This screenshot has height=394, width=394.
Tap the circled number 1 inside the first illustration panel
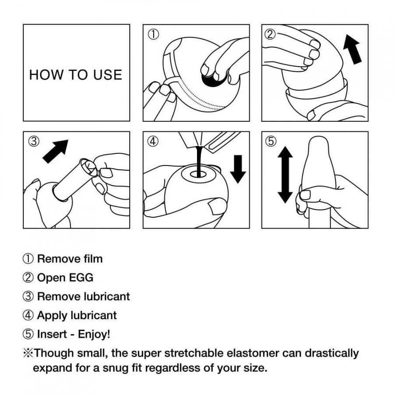[x=153, y=35]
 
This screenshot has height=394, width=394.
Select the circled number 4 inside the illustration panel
[x=153, y=142]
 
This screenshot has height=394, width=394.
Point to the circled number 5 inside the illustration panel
[x=271, y=141]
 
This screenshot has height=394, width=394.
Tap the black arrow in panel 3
[x=56, y=151]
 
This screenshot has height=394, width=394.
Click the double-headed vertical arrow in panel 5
[x=285, y=174]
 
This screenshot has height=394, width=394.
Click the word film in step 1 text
[x=92, y=259]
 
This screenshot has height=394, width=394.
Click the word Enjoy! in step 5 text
[x=94, y=334]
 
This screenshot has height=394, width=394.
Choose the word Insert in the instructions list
[x=52, y=334]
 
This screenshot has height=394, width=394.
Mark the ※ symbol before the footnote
[x=28, y=353]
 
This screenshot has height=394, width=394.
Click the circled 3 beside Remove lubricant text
[x=28, y=296]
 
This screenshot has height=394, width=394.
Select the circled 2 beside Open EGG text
[x=28, y=278]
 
